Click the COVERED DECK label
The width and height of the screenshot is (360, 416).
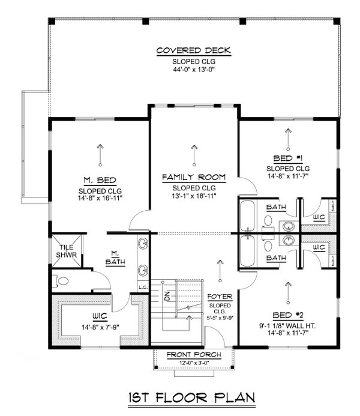tap(194, 51)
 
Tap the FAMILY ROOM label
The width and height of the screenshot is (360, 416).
tap(194, 177)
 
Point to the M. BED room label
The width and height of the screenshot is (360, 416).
tap(100, 180)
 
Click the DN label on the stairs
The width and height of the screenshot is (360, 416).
tap(167, 295)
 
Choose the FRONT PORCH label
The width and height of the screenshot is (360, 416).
tap(194, 355)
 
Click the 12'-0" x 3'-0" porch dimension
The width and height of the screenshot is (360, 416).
tap(194, 363)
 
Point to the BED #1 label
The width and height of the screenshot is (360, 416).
tap(287, 159)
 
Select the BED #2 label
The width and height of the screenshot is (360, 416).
tap(287, 315)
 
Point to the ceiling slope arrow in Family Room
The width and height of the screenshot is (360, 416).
tap(194, 155)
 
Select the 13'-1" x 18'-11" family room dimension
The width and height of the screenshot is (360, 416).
tap(194, 196)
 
